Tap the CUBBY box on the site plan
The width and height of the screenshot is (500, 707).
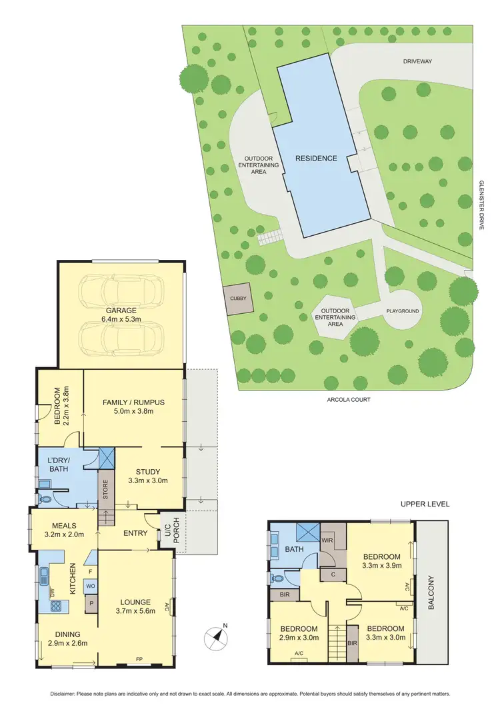point(238,299)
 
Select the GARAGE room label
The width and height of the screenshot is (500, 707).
point(121,311)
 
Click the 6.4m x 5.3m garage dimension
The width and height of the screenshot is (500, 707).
point(121,320)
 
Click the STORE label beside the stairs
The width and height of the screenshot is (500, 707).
point(105,487)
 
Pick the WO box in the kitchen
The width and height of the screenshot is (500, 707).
point(89,586)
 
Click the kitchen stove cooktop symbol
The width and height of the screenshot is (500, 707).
point(57,606)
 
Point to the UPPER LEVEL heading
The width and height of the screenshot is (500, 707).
point(425,504)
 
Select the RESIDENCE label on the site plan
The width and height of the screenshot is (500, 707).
point(317,159)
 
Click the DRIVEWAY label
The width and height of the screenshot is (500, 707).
point(417,61)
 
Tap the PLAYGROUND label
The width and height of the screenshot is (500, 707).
point(403,311)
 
